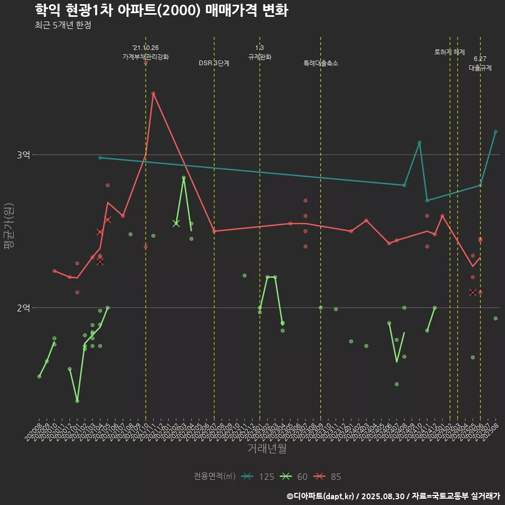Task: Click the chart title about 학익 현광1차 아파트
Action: [x=161, y=11]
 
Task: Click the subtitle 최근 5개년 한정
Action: [x=63, y=25]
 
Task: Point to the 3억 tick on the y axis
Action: [x=23, y=155]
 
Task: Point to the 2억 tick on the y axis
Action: [x=23, y=308]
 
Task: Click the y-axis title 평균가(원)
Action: [x=9, y=226]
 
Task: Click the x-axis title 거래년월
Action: [x=267, y=448]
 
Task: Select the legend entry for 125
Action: [x=258, y=477]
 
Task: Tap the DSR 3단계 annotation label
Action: [x=214, y=63]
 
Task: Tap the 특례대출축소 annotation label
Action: [x=321, y=63]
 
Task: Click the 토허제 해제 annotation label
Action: [x=450, y=52]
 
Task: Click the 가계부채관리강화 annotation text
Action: [x=146, y=57]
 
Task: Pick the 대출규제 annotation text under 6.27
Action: [x=480, y=68]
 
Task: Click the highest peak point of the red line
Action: [x=153, y=94]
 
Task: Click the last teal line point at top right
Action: [x=496, y=132]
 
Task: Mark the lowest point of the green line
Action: [x=77, y=401]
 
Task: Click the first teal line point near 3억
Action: [x=100, y=158]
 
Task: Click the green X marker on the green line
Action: [x=176, y=223]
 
